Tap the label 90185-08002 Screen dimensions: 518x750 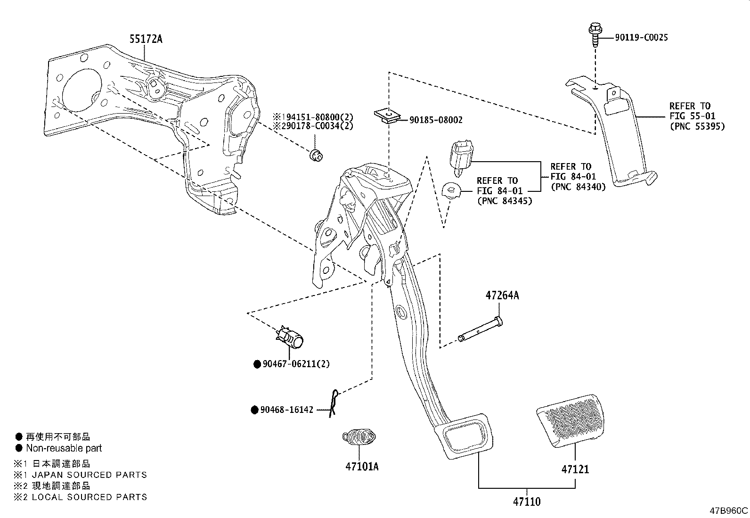[435, 120]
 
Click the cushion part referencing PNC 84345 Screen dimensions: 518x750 [452, 190]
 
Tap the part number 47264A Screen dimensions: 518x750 [502, 296]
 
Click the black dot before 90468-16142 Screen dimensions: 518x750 [254, 410]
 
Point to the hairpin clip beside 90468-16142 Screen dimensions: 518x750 [334, 403]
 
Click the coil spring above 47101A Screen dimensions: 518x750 [359, 436]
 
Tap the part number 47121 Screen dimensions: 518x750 [575, 469]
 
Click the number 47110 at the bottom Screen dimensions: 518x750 [526, 502]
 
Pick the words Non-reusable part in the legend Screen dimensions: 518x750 [64, 448]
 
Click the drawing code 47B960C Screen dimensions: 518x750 [729, 511]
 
